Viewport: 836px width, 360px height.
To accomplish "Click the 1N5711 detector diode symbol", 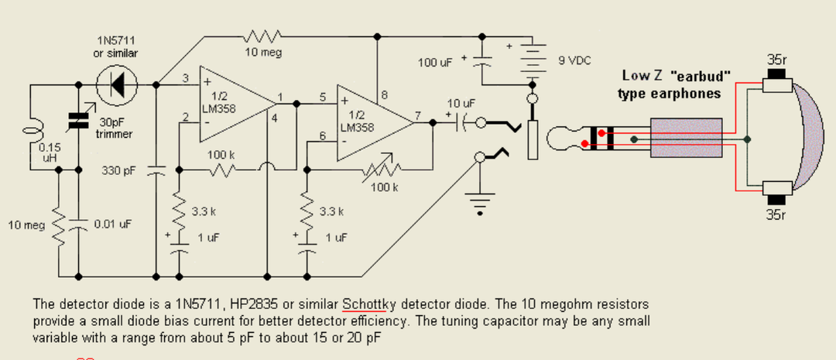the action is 117,84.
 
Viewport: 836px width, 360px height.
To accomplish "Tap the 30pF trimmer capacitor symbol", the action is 78,120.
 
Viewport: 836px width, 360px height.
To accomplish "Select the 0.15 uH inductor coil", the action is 30,129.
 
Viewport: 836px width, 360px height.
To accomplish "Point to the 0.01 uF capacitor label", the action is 111,225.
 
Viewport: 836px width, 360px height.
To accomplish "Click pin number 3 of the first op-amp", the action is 186,78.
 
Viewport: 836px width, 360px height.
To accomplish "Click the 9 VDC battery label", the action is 574,60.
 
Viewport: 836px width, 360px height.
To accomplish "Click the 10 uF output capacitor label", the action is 460,102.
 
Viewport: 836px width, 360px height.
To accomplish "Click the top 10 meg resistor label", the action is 263,53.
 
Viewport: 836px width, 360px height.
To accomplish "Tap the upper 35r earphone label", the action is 776,59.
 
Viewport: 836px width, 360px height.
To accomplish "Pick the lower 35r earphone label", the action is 776,214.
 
